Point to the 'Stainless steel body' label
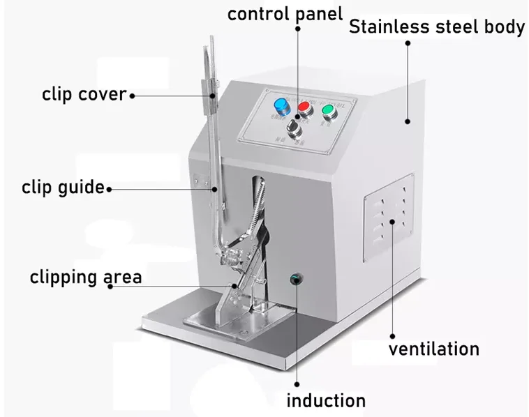coord(436,28)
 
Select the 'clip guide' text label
coord(63,187)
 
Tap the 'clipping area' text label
coord(85,277)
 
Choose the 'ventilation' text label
coord(433,349)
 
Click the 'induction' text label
coord(326,400)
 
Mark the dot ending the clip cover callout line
coord(132,94)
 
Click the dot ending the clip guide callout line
coord(109,188)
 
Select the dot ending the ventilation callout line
coord(393,222)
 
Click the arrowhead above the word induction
coord(296,382)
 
